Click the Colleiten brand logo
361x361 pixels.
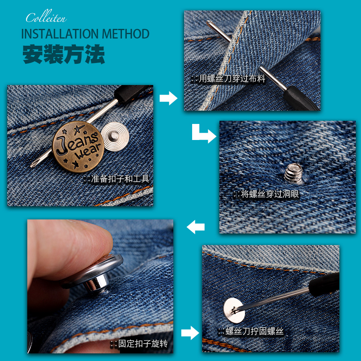46,18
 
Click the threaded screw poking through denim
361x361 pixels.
292,174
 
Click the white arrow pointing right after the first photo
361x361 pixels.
168,98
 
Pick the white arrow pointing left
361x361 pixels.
196,227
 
